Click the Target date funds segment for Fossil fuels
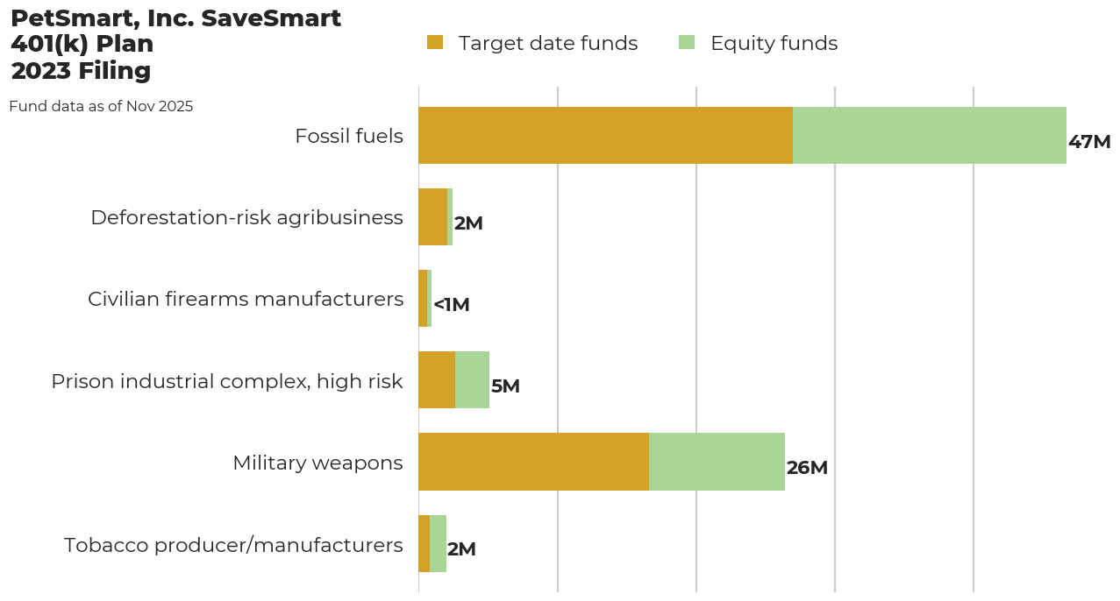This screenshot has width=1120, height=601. tap(605, 136)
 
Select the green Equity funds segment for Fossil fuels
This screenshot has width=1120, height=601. tap(929, 136)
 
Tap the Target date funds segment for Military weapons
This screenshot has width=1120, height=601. tap(533, 462)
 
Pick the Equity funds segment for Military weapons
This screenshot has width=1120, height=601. tap(717, 462)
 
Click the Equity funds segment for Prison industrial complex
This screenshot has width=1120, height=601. tap(472, 380)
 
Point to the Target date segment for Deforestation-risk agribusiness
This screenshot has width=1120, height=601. tap(432, 217)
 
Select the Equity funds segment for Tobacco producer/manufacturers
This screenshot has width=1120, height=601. tap(438, 543)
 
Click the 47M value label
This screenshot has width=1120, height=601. tap(1089, 142)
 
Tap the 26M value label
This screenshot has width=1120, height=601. tap(807, 468)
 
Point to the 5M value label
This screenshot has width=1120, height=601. tap(505, 386)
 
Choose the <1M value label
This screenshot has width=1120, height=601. tap(452, 305)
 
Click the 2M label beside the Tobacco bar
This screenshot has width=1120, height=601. tap(461, 549)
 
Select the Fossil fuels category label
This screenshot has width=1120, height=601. tap(349, 137)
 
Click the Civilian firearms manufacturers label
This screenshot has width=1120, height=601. tap(246, 300)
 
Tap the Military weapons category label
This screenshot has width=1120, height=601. tap(317, 463)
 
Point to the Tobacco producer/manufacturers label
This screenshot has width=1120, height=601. tap(233, 545)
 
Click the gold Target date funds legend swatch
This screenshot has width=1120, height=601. tap(435, 42)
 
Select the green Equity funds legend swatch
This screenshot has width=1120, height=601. tap(687, 42)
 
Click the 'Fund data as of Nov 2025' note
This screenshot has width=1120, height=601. tap(101, 107)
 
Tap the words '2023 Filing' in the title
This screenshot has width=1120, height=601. tap(81, 71)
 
